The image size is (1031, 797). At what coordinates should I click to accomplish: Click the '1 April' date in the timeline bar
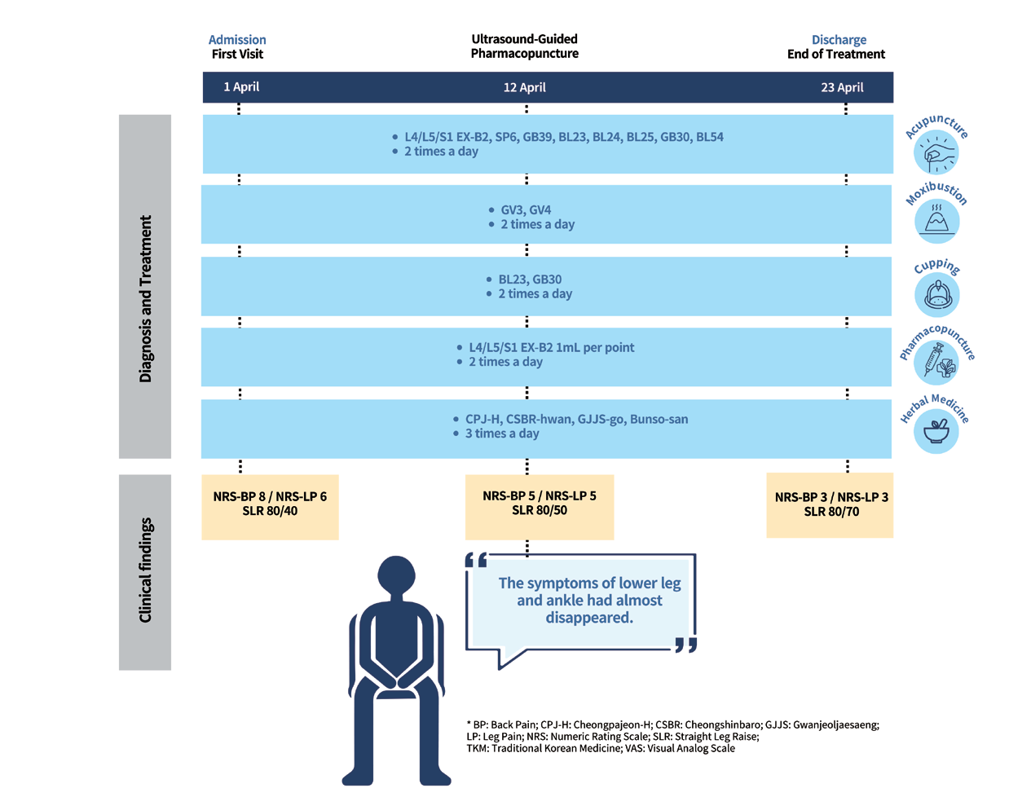(241, 87)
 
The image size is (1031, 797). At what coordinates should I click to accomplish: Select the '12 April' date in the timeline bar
(524, 87)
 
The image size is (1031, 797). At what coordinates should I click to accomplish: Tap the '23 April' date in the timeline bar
(842, 87)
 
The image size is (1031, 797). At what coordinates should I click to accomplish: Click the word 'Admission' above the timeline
(237, 40)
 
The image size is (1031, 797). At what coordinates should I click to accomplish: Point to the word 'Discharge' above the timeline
(839, 40)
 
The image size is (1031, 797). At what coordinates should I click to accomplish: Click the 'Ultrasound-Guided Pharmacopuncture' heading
(524, 46)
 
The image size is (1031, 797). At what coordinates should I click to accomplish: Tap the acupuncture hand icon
(936, 152)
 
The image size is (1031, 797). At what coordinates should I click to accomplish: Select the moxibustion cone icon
(936, 221)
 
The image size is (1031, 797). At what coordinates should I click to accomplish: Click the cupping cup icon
(937, 295)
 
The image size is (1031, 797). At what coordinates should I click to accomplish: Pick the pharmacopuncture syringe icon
(936, 363)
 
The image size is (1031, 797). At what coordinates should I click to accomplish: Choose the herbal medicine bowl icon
(936, 431)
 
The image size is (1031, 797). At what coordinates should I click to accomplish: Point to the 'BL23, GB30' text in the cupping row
(530, 280)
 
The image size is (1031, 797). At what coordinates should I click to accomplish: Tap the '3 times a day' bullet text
(502, 434)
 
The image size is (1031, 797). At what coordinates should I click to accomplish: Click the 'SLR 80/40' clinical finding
(270, 511)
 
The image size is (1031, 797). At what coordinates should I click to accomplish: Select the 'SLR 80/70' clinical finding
(831, 512)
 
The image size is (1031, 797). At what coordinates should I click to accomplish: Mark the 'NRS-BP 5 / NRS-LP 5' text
(540, 495)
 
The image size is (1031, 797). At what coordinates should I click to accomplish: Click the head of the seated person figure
(396, 575)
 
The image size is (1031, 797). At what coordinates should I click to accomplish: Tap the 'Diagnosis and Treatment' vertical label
(145, 299)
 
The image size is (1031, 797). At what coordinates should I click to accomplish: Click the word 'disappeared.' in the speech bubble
(589, 618)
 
